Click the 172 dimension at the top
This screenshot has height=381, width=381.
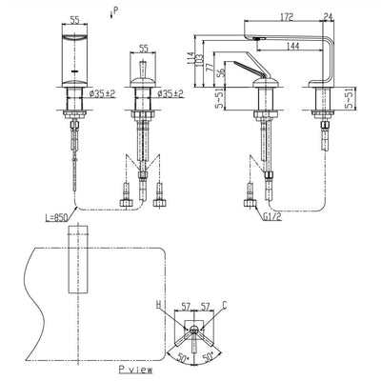(287, 17)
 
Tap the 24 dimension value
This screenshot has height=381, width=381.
(329, 17)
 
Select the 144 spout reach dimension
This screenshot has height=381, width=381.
(292, 47)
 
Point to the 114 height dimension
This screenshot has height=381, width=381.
(191, 58)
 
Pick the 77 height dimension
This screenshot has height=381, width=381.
(210, 70)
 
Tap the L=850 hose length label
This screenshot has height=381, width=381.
(56, 217)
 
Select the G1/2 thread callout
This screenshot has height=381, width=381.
(271, 217)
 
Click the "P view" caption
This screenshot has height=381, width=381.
(135, 370)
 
